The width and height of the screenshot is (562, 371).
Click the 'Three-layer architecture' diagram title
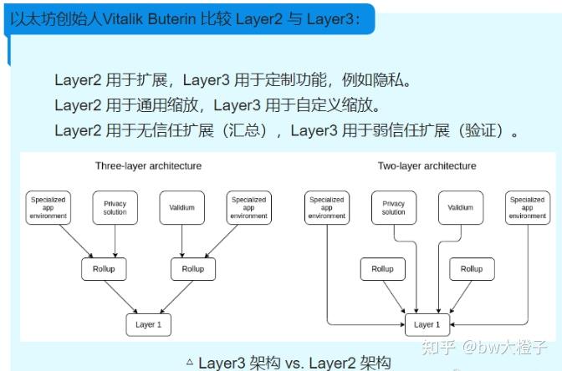click(x=148, y=165)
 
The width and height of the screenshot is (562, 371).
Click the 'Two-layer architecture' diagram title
click(x=427, y=165)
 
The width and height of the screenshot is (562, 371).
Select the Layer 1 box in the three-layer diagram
click(x=147, y=324)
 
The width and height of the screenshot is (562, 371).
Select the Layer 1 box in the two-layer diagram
click(x=427, y=324)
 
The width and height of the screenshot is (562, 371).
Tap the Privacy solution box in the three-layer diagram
click(x=115, y=207)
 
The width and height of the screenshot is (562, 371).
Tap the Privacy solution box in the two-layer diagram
click(x=393, y=207)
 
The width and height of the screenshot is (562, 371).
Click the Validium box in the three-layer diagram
click(x=181, y=207)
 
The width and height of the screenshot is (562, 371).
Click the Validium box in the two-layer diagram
click(x=460, y=207)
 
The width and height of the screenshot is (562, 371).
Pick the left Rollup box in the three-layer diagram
click(x=104, y=269)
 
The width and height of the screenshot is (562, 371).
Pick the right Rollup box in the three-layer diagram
click(x=192, y=269)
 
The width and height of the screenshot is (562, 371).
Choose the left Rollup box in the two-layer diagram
click(x=382, y=269)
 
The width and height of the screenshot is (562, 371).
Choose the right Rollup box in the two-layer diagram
click(x=472, y=269)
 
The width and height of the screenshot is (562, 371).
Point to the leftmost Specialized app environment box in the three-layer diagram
click(x=48, y=207)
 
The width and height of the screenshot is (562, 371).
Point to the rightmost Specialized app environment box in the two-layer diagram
click(x=527, y=207)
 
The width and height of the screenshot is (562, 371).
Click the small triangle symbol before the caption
click(x=190, y=362)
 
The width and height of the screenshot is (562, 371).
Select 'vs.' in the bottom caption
click(x=292, y=363)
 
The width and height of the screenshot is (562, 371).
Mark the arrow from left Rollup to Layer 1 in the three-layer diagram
click(x=125, y=297)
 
